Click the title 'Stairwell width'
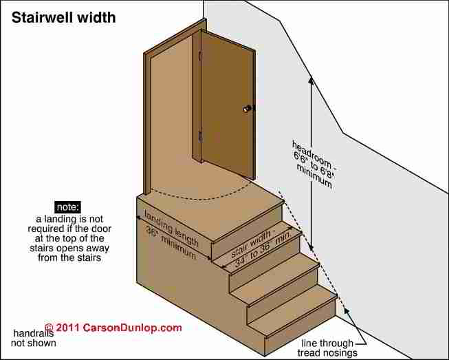63,18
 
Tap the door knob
247,109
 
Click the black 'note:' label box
67,207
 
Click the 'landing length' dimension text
171,229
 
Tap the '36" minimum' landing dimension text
171,242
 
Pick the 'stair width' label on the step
251,244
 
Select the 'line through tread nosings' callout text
327,348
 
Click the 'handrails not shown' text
34,338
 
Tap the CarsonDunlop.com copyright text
113,328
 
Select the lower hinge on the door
200,137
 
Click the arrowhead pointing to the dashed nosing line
347,311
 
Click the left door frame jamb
147,124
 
